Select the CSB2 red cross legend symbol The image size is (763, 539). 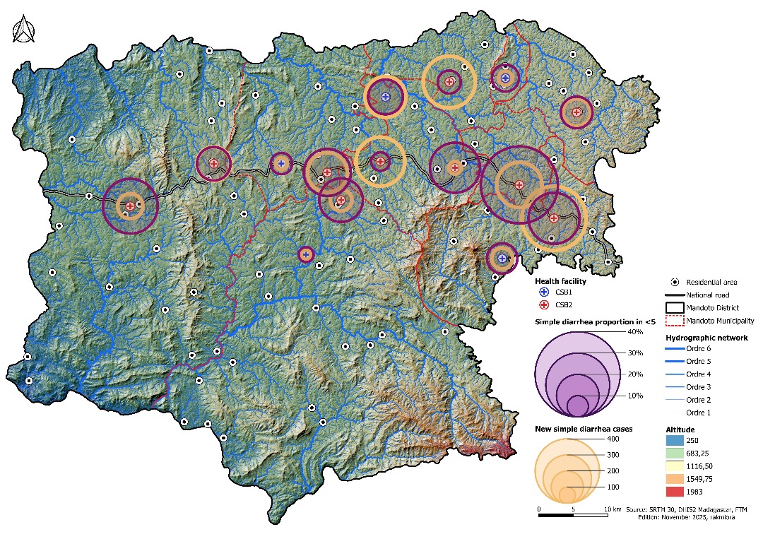[544, 305]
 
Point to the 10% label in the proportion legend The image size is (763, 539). [634, 396]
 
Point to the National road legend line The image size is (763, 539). [675, 295]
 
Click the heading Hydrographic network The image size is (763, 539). [706, 338]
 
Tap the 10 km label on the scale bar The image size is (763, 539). [612, 509]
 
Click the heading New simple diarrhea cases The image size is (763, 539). [583, 429]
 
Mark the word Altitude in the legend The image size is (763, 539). [680, 429]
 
